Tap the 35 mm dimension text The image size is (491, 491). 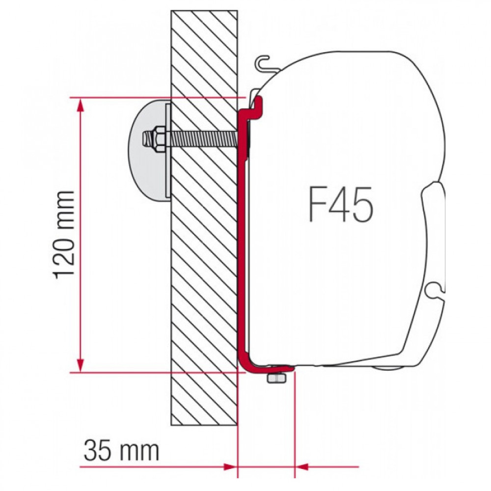coord(122,450)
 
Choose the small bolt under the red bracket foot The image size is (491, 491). coord(275,379)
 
